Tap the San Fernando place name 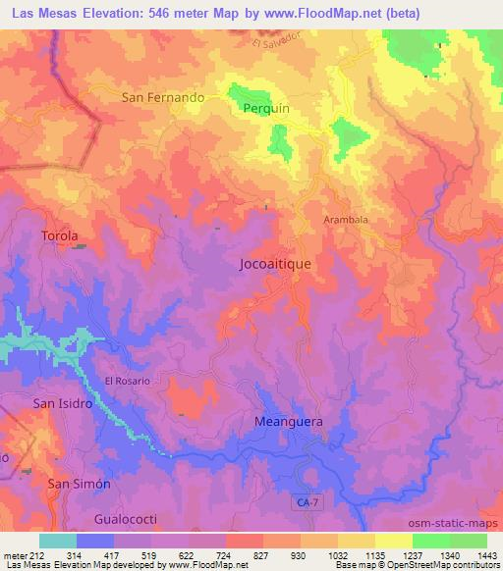point(163,98)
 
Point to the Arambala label point(346,220)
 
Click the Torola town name point(59,236)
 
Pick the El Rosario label point(128,381)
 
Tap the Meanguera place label point(289,422)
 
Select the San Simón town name point(79,485)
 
